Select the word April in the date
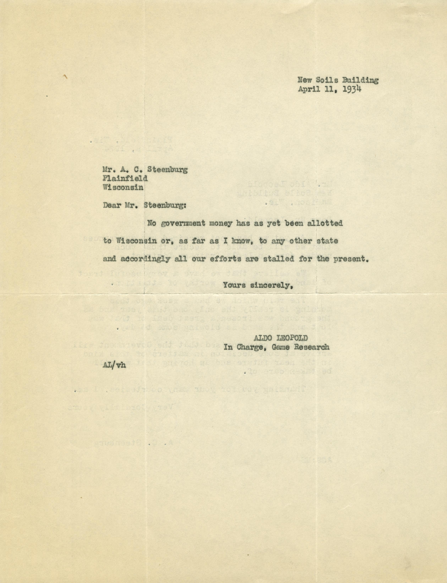click(307, 90)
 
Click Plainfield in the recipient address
click(125, 178)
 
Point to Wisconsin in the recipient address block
click(123, 187)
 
